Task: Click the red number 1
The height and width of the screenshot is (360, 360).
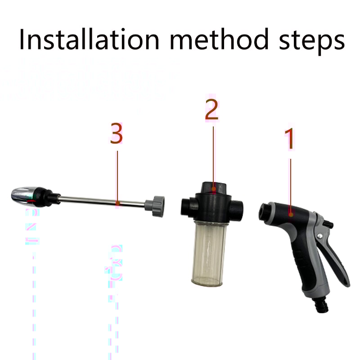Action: coord(290,139)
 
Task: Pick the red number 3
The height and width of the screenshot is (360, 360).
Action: coord(117,135)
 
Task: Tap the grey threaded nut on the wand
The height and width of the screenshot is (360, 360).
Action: coord(158,206)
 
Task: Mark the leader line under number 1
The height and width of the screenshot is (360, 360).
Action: coord(290,184)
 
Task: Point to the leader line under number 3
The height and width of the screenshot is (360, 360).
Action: coord(117,175)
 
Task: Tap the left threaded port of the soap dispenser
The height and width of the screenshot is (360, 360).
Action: coord(186,206)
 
